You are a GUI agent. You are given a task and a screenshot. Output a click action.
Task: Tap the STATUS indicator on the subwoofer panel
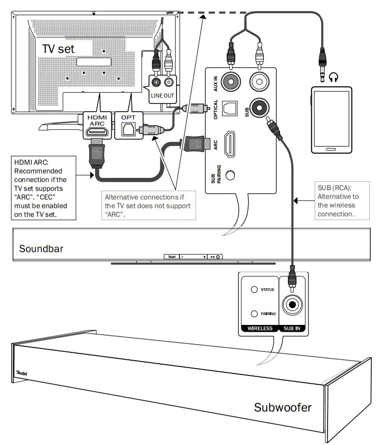pyautogui.click(x=254, y=290)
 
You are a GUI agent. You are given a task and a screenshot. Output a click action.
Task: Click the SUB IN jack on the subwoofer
pyautogui.click(x=293, y=304)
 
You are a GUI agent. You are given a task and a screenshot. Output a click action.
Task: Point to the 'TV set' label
pyautogui.click(x=59, y=49)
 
